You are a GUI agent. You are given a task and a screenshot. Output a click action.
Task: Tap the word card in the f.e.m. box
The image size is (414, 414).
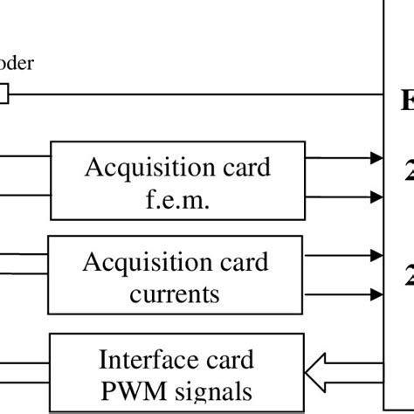[x=241, y=167]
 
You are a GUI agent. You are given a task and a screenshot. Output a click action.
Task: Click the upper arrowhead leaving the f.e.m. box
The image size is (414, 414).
[x=376, y=158]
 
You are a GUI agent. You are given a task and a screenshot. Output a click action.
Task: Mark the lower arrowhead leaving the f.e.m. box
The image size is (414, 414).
[x=376, y=198]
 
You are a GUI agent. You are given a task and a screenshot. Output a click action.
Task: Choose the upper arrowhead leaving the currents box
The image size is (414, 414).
[x=376, y=256]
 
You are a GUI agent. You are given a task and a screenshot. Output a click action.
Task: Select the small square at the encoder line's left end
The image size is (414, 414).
[x=3, y=93]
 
